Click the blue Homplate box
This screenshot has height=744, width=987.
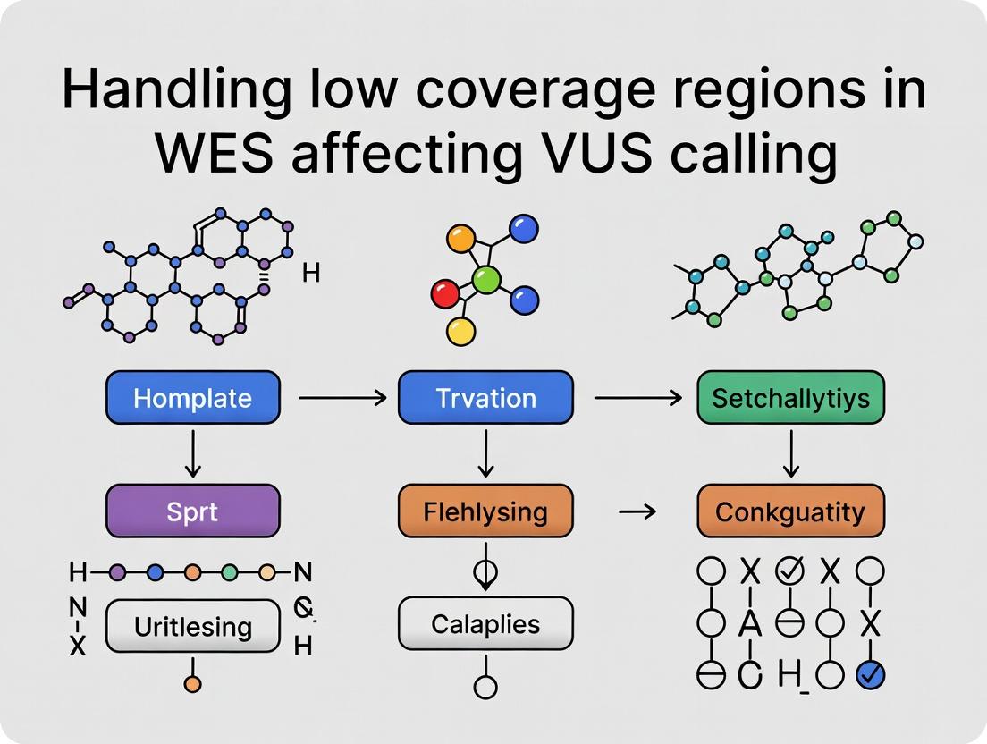[192, 397]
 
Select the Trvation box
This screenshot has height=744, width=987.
[485, 397]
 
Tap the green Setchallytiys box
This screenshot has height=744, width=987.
[789, 397]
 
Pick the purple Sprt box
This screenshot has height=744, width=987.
[192, 511]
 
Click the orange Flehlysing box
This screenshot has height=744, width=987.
[485, 511]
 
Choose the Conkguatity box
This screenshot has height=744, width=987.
[789, 511]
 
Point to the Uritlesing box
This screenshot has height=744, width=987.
[192, 626]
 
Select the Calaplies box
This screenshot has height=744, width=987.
[485, 623]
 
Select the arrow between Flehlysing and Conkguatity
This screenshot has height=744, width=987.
[636, 511]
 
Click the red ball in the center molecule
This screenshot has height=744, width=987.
[444, 292]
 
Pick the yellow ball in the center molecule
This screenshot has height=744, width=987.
[460, 332]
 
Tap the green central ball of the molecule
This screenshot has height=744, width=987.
[485, 282]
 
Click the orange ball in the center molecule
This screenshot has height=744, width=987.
[460, 239]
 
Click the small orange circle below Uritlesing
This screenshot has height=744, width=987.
[192, 685]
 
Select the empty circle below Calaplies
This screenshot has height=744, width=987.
[485, 688]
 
